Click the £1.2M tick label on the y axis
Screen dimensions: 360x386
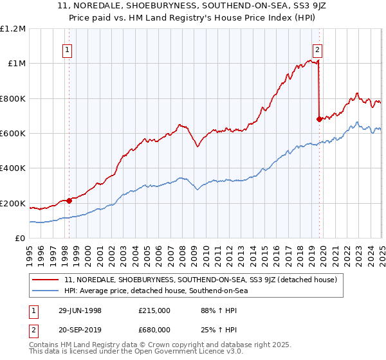click(13, 28)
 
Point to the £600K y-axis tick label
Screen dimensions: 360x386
click(13, 134)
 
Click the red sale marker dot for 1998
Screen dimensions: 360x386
click(69, 201)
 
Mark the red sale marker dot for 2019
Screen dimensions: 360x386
click(319, 119)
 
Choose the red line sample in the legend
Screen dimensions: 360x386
click(45, 280)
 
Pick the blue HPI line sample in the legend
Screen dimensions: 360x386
click(45, 291)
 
